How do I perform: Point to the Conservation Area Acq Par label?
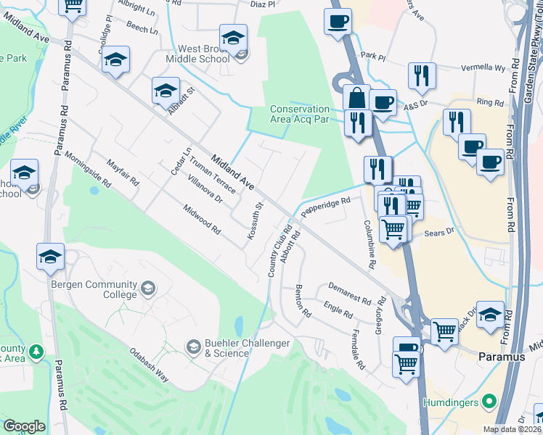(x=300, y=114)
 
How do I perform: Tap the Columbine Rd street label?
(x=370, y=245)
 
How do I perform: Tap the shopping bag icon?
(x=356, y=97)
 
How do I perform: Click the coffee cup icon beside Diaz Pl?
(x=338, y=22)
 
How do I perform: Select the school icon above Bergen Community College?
(x=50, y=257)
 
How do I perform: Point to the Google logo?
(x=24, y=426)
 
